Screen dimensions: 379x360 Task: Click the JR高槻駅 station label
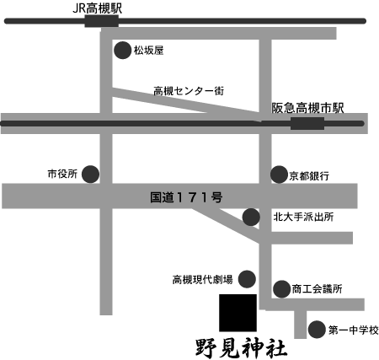98,8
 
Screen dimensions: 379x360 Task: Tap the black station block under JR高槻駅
102,21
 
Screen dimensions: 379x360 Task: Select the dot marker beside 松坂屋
123,51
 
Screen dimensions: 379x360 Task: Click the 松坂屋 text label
148,51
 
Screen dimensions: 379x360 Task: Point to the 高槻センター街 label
189,91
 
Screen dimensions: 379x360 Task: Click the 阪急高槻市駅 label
307,108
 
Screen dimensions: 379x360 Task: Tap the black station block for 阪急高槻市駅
307,124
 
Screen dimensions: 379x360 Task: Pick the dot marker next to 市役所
90,175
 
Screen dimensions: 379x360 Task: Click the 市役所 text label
62,174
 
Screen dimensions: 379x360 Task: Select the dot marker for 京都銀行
279,175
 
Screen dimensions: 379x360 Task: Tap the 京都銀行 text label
309,176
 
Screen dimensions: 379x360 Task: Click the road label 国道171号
186,197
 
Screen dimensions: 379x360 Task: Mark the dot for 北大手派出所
251,217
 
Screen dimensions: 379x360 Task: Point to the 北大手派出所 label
303,217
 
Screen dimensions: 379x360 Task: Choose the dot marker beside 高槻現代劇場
247,279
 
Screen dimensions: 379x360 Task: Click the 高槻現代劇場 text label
202,280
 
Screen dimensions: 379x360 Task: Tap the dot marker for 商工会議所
281,289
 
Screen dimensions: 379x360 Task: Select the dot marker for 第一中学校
317,330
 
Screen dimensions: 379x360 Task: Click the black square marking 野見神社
238,313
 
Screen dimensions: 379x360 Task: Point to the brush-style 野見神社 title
241,348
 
